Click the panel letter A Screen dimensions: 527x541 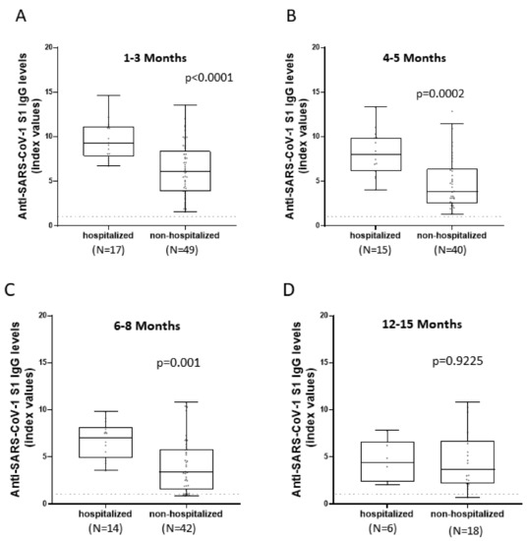click(x=21, y=16)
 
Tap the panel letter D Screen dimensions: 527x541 click(x=288, y=290)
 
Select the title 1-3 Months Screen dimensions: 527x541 click(x=155, y=58)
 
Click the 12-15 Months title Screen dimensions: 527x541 click(x=422, y=324)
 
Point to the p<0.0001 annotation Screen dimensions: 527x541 click(x=209, y=78)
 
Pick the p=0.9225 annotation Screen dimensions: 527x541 click(x=457, y=361)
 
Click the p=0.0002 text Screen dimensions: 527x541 click(x=440, y=93)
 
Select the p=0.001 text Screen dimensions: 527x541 click(x=178, y=363)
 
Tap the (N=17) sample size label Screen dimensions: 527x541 click(x=108, y=250)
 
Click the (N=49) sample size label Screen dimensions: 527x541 click(x=182, y=250)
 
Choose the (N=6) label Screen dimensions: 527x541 click(x=382, y=528)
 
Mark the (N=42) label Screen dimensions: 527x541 click(x=179, y=528)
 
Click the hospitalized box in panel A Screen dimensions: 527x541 click(x=108, y=142)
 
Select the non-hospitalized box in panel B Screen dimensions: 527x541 click(x=452, y=186)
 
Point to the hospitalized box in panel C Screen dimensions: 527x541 click(x=105, y=443)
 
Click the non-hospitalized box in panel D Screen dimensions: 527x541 click(x=468, y=461)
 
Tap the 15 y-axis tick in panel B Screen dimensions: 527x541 click(x=317, y=92)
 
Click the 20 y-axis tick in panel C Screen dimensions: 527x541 click(x=43, y=316)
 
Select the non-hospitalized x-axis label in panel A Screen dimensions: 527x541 click(x=185, y=235)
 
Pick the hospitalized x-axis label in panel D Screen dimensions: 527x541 click(x=386, y=513)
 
